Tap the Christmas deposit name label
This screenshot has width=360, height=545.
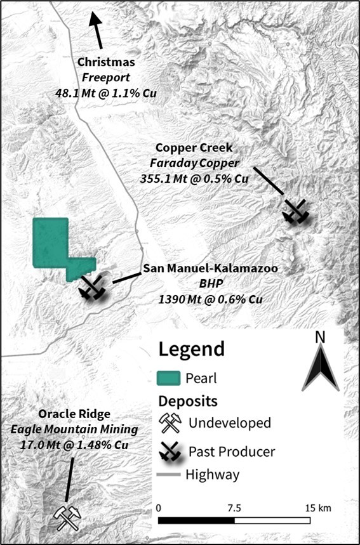pos(105,62)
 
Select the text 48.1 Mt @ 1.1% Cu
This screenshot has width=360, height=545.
pos(105,93)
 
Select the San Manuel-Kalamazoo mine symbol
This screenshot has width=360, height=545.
pos(91,287)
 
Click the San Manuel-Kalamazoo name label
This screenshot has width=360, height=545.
pos(210,269)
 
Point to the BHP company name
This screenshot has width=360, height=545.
pos(210,284)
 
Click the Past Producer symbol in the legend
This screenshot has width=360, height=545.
pos(169,452)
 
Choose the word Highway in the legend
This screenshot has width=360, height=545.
pos(214,474)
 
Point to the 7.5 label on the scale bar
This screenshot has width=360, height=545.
pos(234,508)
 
